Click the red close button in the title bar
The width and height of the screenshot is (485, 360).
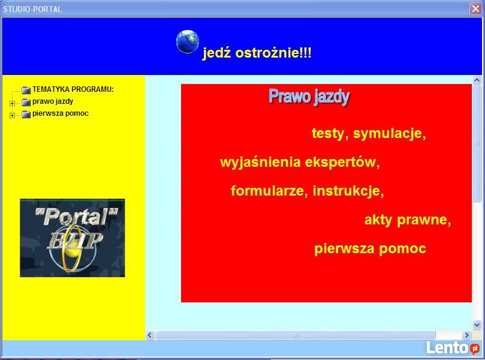475,8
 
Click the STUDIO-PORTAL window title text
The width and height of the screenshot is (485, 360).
32,9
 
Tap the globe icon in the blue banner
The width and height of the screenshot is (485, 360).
188,41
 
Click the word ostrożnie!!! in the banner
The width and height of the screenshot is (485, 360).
273,53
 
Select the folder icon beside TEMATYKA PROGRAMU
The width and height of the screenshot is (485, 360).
26,90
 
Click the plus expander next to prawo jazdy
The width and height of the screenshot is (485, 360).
12,103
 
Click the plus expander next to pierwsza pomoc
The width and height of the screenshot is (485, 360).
12,115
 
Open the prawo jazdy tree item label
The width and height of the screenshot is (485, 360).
53,101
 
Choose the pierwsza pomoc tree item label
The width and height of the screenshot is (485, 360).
61,113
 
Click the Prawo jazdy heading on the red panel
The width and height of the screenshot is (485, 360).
309,97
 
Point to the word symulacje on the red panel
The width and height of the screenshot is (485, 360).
390,134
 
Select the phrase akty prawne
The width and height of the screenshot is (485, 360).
408,220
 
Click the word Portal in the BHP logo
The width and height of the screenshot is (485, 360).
76,216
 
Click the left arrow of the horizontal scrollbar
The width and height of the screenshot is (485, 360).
150,335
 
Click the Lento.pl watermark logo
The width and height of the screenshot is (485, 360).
453,347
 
